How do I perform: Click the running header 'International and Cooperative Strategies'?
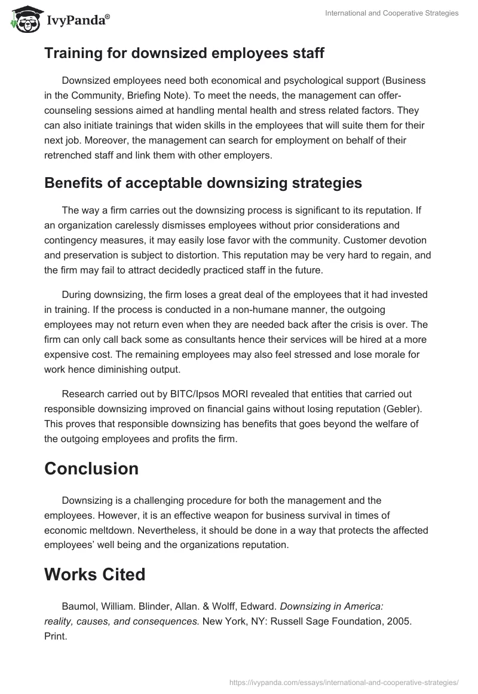coord(391,13)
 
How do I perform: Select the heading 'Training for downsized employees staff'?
coord(184,54)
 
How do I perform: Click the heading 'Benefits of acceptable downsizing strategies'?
coord(203,183)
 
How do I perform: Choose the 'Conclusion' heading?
coord(91,468)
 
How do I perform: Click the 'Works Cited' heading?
coord(94,574)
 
